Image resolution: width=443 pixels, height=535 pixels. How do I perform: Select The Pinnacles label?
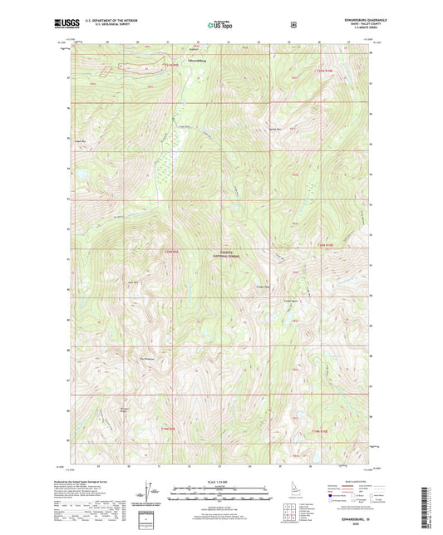pos(147,359)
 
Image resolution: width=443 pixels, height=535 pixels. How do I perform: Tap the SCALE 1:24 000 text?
pos(220,483)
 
